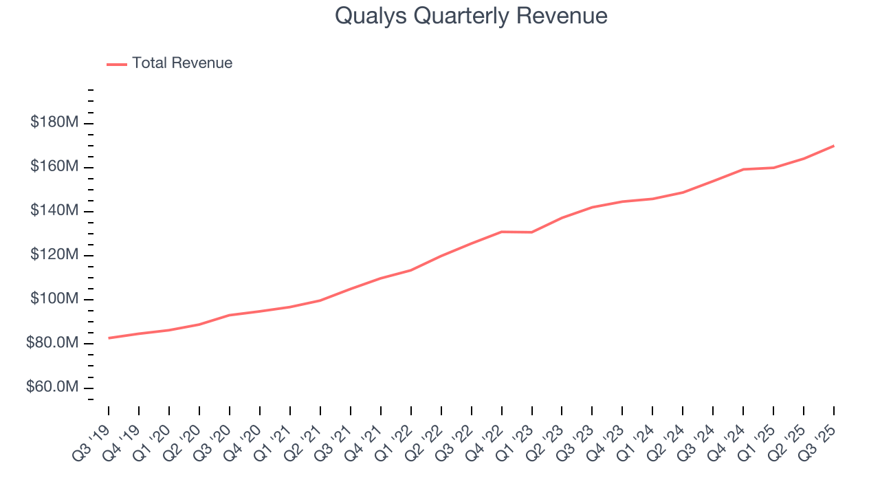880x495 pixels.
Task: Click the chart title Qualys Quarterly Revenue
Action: [x=471, y=16]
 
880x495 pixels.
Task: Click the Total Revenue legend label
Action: [x=182, y=63]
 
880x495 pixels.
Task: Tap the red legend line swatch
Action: [x=117, y=64]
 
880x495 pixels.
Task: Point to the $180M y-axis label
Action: [x=54, y=122]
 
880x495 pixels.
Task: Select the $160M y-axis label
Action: [x=54, y=166]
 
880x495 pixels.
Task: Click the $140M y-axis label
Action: [x=54, y=211]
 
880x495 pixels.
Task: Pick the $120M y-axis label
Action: [x=54, y=255]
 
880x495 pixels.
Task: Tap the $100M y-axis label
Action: [x=54, y=300]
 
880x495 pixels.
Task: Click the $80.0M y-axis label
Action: [x=52, y=344]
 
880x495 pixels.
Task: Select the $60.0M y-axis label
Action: [x=52, y=388]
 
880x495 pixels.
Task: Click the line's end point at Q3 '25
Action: [x=834, y=146]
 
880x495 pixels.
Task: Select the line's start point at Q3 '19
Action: [x=109, y=338]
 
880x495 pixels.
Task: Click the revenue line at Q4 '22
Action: [x=502, y=232]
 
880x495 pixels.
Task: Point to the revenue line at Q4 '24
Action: [x=743, y=169]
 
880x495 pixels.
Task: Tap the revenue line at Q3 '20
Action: [x=230, y=315]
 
